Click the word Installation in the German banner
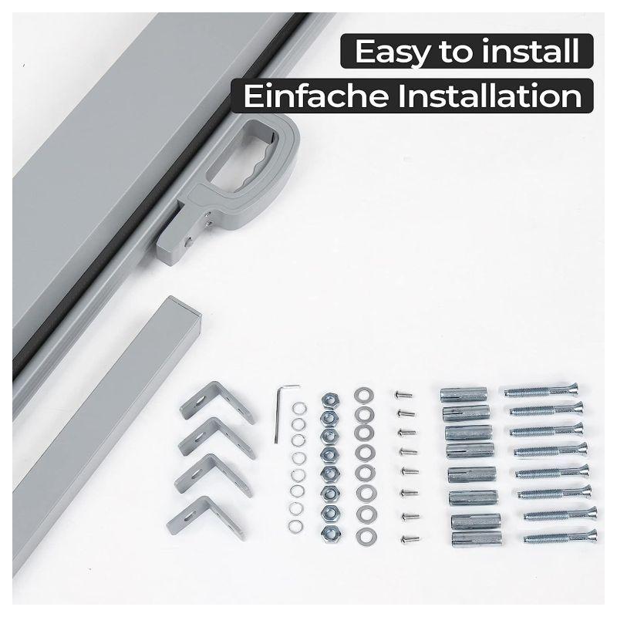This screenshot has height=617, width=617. (490, 96)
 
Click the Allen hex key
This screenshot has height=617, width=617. (278, 413)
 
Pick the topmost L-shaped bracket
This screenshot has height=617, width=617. (217, 401)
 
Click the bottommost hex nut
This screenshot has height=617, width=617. (329, 533)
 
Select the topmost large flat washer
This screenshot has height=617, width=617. (363, 396)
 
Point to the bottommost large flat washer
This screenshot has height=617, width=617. (366, 536)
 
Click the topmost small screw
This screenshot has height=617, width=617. (403, 393)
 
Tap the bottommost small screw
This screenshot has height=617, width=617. (410, 538)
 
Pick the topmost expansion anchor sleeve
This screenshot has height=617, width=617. (464, 395)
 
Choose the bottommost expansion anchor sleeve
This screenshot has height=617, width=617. (477, 538)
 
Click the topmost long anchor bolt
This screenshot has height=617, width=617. (541, 390)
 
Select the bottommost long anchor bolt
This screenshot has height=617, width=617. (561, 537)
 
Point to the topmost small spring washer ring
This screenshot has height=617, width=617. (298, 409)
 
